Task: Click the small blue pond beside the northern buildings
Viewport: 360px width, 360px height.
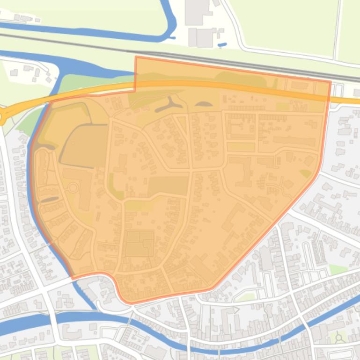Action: (x=222, y=45)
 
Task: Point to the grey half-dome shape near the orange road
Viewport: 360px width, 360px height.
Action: (x=202, y=104)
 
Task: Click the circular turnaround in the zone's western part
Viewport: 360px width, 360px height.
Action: (x=73, y=188)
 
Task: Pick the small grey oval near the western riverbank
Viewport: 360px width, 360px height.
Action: (x=50, y=200)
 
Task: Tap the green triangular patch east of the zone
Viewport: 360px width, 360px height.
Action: (x=338, y=270)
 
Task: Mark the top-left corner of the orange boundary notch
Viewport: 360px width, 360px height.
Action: (x=136, y=57)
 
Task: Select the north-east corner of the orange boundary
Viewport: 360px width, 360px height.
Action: (x=331, y=81)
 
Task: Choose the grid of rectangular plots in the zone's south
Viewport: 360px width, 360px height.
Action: (x=139, y=244)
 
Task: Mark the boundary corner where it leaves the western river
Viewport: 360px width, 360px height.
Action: (x=73, y=278)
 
